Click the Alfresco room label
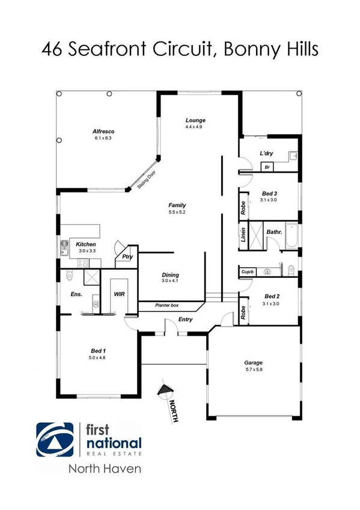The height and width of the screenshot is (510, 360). [103, 131]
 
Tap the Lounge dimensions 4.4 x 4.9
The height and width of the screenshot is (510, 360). [195, 127]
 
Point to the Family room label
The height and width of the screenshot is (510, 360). [177, 206]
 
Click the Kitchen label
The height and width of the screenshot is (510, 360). [86, 244]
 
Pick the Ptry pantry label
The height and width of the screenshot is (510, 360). [127, 257]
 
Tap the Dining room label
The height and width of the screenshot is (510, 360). [170, 275]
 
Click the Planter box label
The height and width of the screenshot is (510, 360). [166, 306]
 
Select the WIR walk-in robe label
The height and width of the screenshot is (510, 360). [119, 295]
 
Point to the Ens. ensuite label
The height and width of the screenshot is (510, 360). [77, 295]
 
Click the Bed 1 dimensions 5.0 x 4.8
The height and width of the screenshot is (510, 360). [99, 358]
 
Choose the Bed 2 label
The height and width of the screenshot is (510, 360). [272, 296]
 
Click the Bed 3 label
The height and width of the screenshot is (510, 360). [269, 192]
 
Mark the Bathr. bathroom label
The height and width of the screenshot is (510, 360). [274, 231]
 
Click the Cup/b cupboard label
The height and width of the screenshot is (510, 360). [248, 272]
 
